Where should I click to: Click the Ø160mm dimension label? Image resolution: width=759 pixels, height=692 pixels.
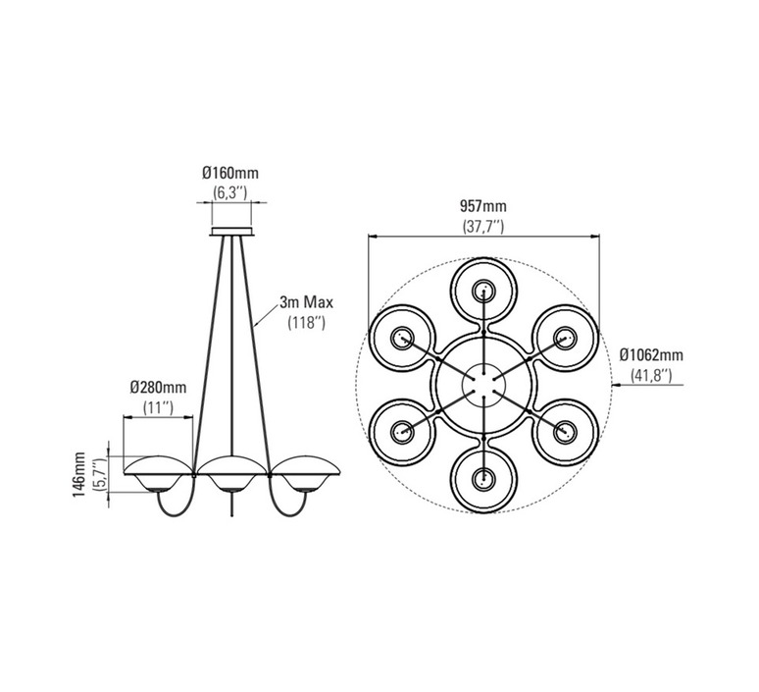229,173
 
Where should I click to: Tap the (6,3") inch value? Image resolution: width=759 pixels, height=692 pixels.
230,192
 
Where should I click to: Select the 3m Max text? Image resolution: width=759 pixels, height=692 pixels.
306,303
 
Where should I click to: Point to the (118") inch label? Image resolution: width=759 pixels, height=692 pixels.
306,323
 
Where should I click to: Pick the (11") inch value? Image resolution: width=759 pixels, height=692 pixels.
158,407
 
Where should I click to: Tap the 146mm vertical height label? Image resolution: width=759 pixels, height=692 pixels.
78,474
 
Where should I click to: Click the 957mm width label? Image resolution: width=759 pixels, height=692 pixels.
483,206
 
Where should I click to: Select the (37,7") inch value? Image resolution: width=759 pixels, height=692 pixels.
483,227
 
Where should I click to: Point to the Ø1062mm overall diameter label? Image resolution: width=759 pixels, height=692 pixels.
651,355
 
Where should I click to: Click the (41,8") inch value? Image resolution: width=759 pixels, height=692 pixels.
651,375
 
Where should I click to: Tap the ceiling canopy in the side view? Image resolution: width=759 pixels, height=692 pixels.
231,231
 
